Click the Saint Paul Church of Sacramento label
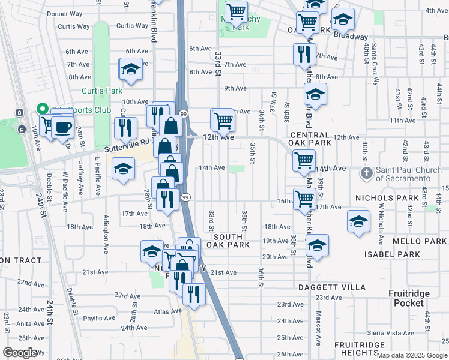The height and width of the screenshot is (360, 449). [x=412, y=174]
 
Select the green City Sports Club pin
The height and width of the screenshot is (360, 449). [x=41, y=109]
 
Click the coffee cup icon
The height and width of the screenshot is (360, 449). [x=62, y=127]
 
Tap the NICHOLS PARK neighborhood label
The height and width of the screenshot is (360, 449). [x=412, y=197]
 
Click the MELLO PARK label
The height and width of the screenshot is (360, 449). [x=420, y=241]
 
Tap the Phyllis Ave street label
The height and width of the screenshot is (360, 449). [x=98, y=319]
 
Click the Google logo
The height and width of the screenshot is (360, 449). [x=20, y=353]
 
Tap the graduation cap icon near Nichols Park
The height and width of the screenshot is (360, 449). [x=358, y=221]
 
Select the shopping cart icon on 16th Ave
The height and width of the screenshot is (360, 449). [x=304, y=198]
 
